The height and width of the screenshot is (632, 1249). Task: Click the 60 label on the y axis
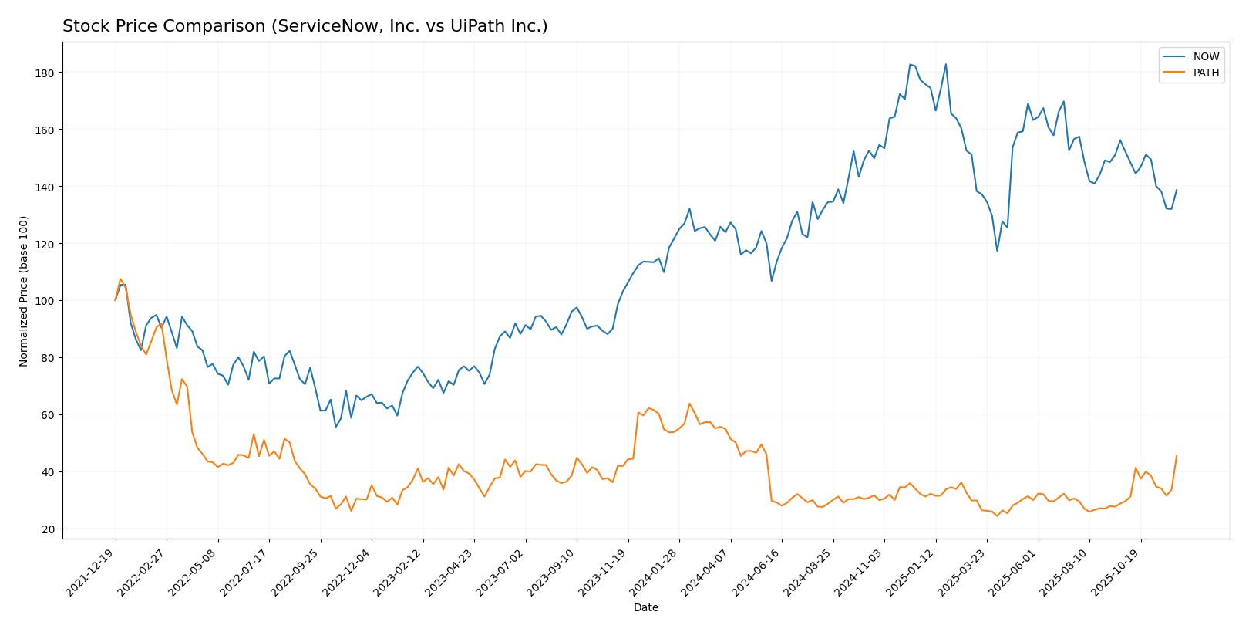pos(46,415)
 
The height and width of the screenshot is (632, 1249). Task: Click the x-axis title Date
pos(645,608)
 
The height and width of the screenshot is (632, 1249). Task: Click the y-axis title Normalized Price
pos(24,291)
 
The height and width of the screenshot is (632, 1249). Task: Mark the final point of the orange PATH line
pos(1177,455)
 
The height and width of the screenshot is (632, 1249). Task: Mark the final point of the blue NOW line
pos(1177,190)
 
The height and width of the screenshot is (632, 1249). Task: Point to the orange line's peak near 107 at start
pos(120,279)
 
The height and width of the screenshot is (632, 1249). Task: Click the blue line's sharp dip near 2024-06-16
pos(771,280)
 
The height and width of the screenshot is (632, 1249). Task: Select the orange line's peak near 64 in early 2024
pos(689,403)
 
